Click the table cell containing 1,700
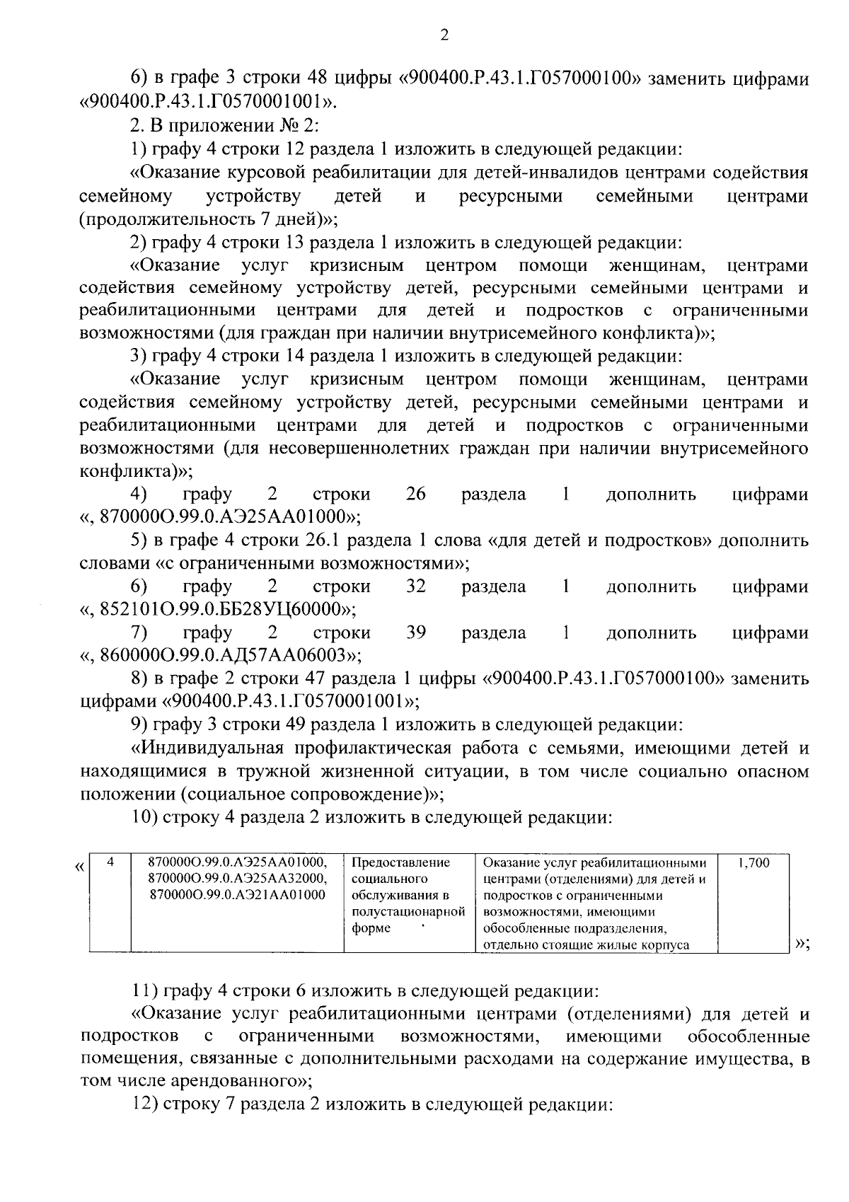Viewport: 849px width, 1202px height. (x=753, y=863)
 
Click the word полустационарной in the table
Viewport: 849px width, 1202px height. (x=408, y=911)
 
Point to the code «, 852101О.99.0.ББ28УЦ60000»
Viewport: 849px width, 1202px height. (x=219, y=608)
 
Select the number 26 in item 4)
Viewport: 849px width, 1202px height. (x=415, y=494)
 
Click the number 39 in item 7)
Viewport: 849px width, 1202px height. (x=415, y=632)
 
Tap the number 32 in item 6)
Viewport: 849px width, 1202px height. (x=415, y=586)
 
